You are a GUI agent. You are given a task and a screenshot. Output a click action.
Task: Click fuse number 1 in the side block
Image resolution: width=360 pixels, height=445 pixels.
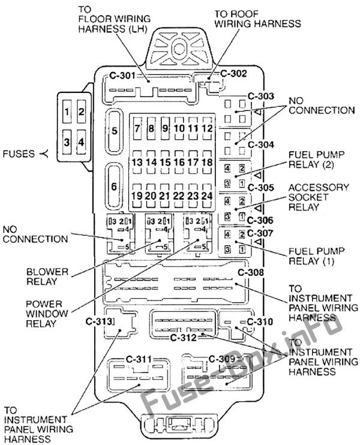click(x=68, y=112)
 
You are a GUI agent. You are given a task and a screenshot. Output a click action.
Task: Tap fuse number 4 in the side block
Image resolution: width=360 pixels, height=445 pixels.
click(x=81, y=142)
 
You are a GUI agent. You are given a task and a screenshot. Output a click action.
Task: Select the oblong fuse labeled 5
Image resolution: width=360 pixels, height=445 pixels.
click(x=114, y=130)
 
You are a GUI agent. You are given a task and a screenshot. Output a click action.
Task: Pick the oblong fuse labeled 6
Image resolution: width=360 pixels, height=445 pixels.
click(x=114, y=186)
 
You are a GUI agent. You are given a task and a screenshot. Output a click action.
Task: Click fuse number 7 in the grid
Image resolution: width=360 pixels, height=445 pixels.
click(x=137, y=128)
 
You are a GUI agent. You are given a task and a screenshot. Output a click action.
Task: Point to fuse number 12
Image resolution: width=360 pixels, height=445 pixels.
click(x=207, y=128)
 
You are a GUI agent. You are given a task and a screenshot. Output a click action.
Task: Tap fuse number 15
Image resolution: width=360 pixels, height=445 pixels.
click(x=166, y=162)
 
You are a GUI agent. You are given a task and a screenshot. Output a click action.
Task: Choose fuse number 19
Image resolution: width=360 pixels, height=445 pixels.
click(x=137, y=196)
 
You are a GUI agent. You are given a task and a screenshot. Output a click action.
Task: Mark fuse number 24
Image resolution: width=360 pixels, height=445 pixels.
click(x=207, y=196)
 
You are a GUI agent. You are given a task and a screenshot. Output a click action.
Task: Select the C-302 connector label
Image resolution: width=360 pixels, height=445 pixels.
click(x=233, y=74)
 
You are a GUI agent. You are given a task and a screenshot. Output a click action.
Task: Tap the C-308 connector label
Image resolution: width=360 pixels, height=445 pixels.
click(x=250, y=273)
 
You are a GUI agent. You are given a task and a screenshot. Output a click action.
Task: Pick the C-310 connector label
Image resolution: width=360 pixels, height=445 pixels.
click(x=260, y=321)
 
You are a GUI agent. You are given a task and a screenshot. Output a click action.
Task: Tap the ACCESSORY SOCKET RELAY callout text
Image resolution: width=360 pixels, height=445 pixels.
click(x=319, y=197)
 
